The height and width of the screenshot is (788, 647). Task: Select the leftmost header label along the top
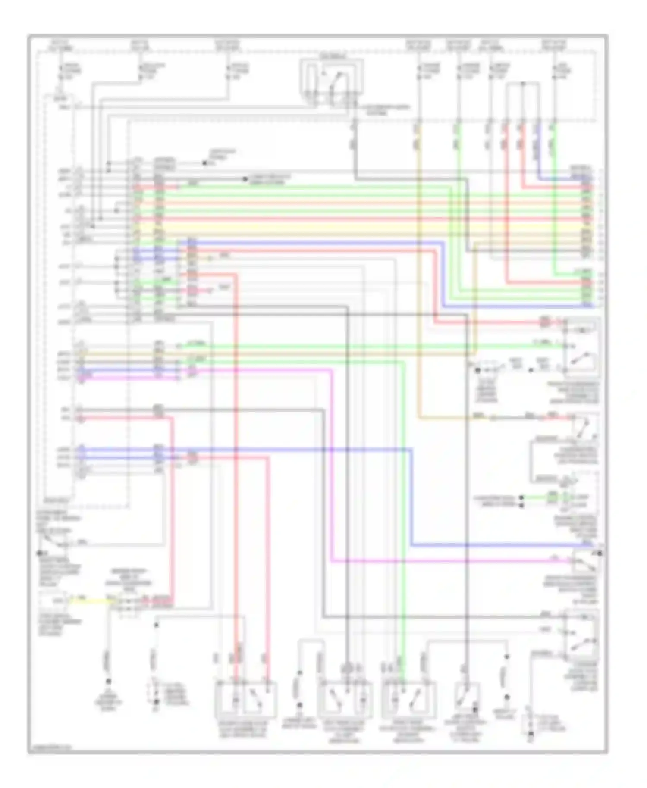click(61, 45)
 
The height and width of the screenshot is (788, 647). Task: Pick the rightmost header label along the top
click(554, 45)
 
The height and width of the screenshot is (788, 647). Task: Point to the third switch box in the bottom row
click(408, 698)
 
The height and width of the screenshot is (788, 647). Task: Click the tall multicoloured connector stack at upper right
click(587, 216)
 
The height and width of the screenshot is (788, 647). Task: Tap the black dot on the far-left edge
click(39, 553)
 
